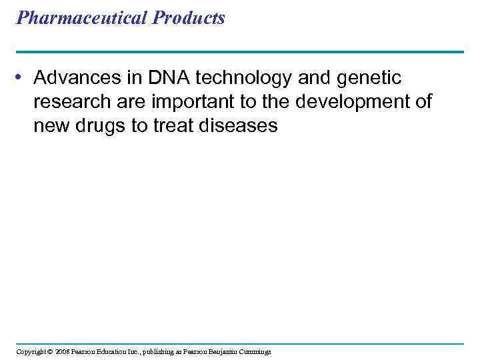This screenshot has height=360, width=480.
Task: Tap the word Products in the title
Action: (x=189, y=18)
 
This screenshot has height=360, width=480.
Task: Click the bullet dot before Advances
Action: (x=21, y=78)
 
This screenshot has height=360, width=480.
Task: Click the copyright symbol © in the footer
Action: (x=49, y=351)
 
